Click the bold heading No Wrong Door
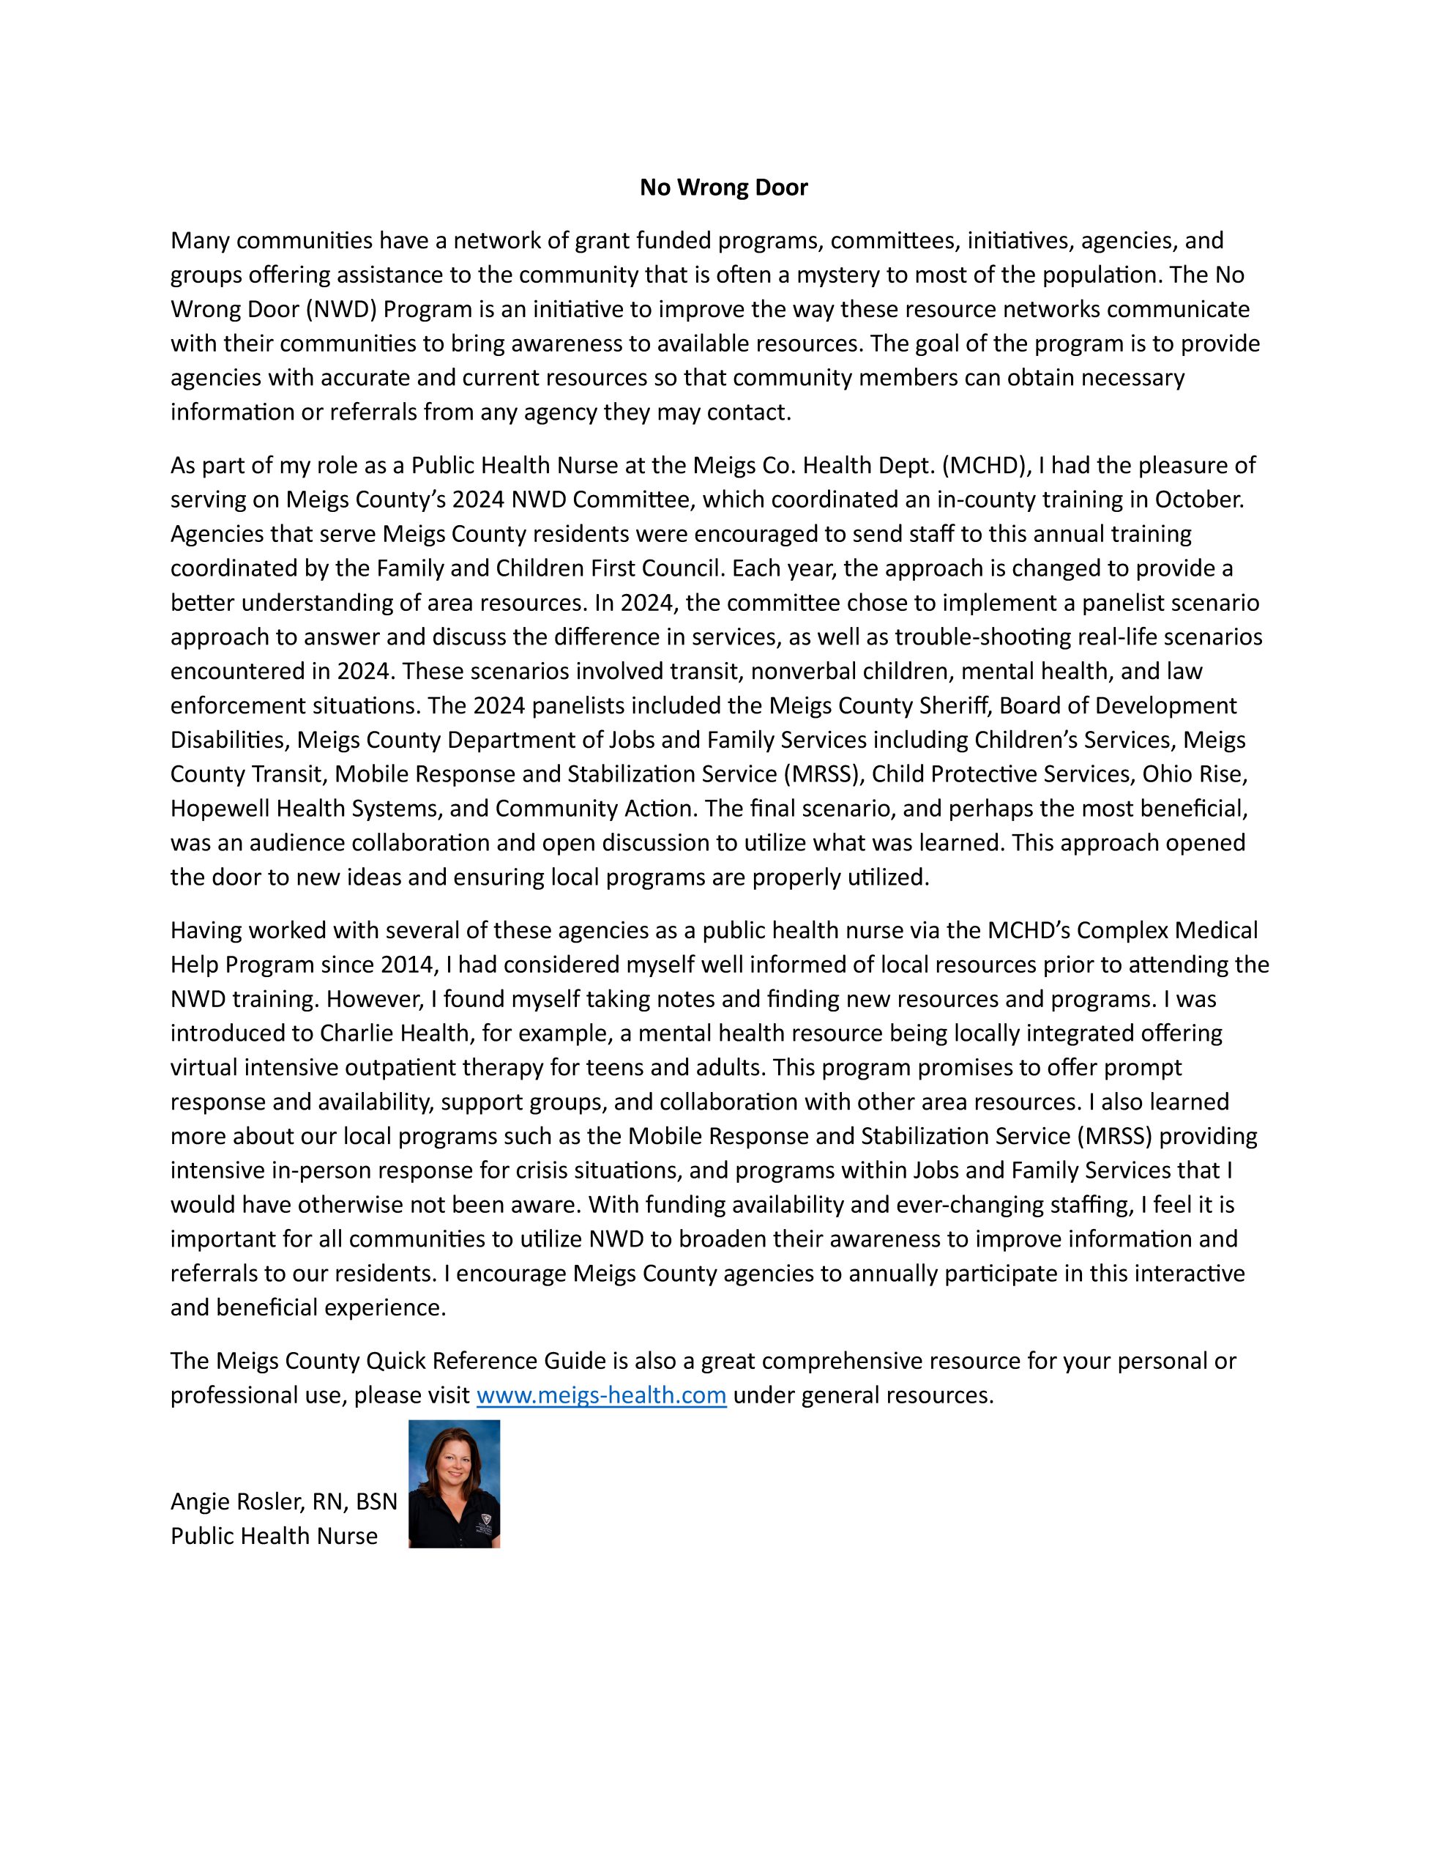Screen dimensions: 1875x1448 (723, 187)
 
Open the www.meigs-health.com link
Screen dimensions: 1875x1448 (601, 1395)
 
